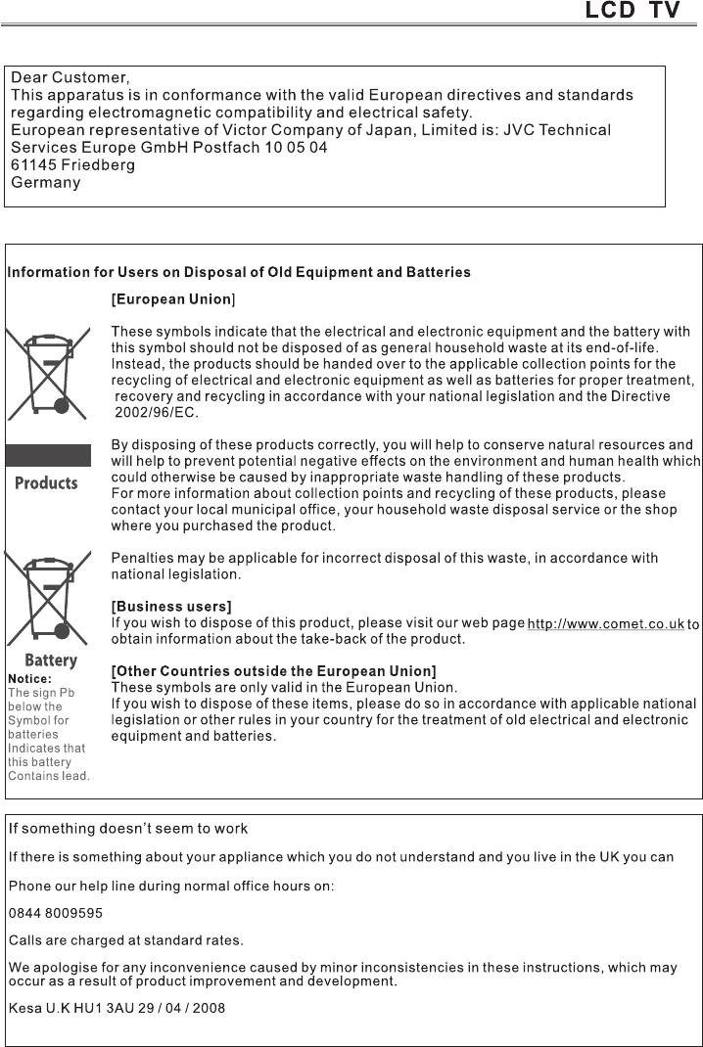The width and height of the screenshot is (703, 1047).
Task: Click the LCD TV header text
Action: tap(632, 13)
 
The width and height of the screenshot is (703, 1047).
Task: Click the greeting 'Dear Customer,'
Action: tap(70, 76)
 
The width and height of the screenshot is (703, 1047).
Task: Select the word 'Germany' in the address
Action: tap(45, 183)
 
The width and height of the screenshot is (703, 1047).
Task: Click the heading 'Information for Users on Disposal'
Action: tap(239, 272)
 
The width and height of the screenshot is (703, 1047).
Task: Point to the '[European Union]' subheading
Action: tap(173, 298)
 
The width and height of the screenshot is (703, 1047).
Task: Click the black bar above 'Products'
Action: tap(48, 455)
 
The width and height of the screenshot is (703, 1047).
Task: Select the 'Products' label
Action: tap(46, 482)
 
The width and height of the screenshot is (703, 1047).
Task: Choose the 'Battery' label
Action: tap(51, 660)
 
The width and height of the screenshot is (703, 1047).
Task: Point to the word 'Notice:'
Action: tap(29, 677)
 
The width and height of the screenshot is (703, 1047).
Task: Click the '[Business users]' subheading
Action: tap(171, 607)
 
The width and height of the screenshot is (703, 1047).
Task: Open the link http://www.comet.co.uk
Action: tap(605, 624)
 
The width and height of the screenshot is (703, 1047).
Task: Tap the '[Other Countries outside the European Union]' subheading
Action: tap(274, 671)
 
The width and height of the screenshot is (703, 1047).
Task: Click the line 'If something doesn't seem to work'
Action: tap(128, 829)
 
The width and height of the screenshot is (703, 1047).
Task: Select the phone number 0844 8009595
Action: tap(56, 913)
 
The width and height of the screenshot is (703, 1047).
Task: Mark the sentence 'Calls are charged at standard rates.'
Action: tap(126, 940)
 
